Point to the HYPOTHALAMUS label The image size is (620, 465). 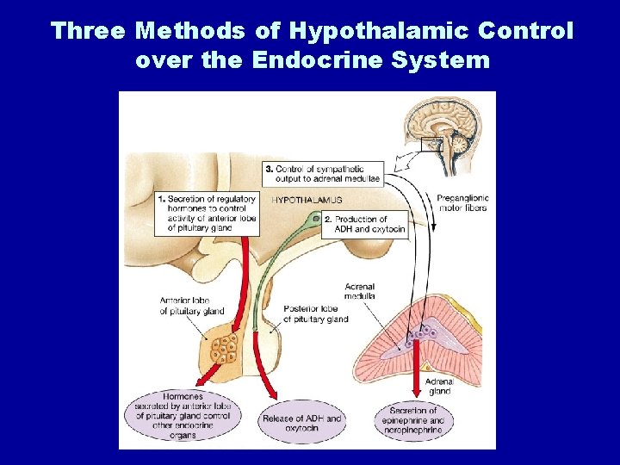pyautogui.click(x=307, y=200)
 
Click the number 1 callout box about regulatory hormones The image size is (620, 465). pyautogui.click(x=207, y=214)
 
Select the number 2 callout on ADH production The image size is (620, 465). pyautogui.click(x=365, y=224)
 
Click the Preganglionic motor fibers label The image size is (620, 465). pyautogui.click(x=462, y=202)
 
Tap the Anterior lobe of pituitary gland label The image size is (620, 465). pyautogui.click(x=191, y=306)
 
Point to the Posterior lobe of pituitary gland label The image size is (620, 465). pyautogui.click(x=314, y=313)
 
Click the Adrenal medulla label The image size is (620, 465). pyautogui.click(x=359, y=291)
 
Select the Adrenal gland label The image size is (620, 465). pyautogui.click(x=439, y=386)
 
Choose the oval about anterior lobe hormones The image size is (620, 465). pyautogui.click(x=183, y=416)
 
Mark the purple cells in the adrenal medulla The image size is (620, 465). pyautogui.click(x=422, y=331)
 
